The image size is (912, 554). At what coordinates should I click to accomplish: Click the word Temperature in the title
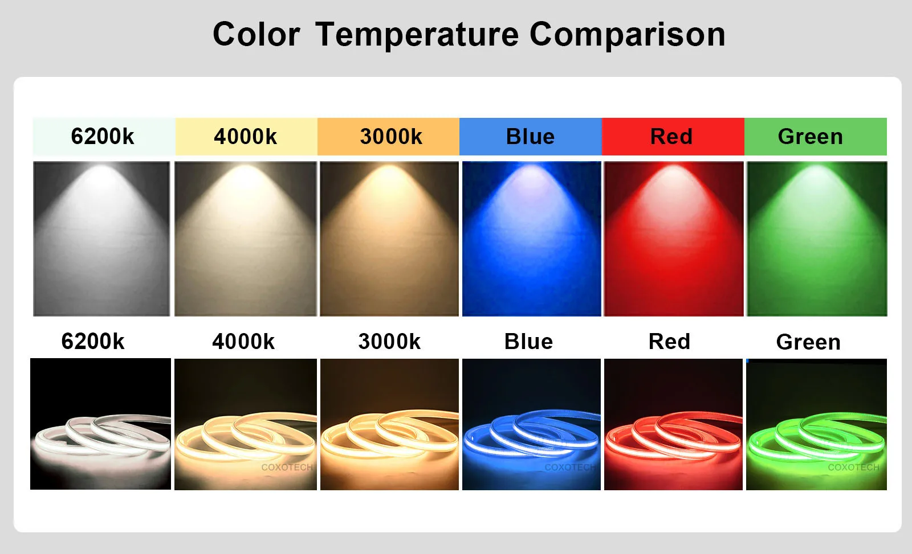417,35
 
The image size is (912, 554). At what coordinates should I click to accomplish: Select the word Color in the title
256,35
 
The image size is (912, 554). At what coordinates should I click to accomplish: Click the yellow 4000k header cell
246,137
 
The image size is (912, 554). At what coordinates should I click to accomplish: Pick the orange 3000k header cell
388,137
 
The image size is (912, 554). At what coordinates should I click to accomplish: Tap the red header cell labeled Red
673,137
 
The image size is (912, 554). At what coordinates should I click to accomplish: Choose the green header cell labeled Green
815,137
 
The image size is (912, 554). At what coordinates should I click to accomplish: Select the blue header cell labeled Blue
530,137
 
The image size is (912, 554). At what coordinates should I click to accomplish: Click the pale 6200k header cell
103,137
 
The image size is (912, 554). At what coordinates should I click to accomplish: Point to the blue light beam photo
531,239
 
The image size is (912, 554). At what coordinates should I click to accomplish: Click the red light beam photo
674,239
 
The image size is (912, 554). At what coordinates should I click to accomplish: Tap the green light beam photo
817,239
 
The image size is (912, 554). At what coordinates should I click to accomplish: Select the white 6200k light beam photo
101,239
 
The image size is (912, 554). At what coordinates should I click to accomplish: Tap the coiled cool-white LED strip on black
101,436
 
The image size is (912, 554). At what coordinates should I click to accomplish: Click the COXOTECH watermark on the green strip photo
853,467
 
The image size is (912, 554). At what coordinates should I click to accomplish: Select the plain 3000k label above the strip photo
389,342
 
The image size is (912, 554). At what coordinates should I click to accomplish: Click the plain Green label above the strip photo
808,342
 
